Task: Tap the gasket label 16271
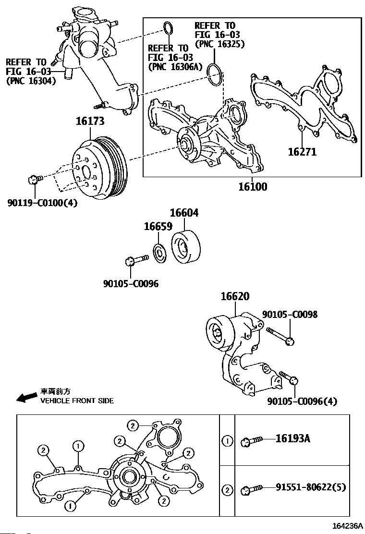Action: (x=302, y=152)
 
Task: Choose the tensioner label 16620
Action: (x=235, y=297)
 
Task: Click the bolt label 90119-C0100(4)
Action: (x=42, y=203)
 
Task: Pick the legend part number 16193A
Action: (x=292, y=438)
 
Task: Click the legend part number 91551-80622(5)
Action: (x=310, y=488)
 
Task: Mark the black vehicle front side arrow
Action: (x=27, y=397)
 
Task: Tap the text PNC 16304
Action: (x=31, y=81)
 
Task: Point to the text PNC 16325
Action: (x=220, y=44)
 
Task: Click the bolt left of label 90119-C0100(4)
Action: (x=34, y=180)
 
